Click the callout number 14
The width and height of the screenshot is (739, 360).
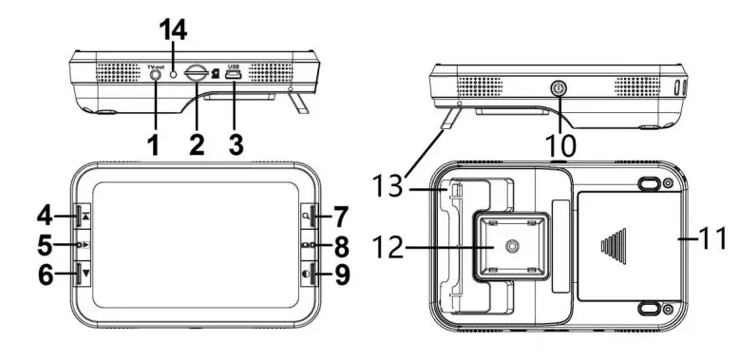(173, 30)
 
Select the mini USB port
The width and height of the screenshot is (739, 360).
(234, 75)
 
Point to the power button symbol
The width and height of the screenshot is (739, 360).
(559, 88)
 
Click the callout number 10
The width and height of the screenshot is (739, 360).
(560, 145)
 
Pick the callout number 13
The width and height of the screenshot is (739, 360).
(388, 185)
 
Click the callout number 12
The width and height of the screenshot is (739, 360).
(388, 247)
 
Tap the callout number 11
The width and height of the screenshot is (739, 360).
(713, 239)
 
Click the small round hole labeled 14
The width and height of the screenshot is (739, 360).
(174, 74)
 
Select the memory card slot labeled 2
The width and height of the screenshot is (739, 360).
(196, 74)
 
